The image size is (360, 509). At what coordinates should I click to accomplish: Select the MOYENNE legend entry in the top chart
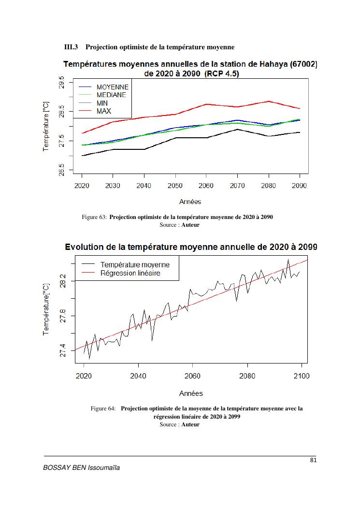click(112, 87)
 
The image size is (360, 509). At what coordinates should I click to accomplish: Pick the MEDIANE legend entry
click(111, 95)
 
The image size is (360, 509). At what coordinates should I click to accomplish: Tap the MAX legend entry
click(103, 111)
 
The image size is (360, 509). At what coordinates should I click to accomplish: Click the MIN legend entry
click(102, 103)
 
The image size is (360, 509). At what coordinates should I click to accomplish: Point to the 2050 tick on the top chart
click(175, 186)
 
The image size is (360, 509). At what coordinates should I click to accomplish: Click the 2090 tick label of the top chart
click(300, 186)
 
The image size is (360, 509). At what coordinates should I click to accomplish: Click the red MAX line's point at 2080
click(269, 101)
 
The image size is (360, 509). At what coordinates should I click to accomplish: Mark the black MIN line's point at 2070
click(237, 129)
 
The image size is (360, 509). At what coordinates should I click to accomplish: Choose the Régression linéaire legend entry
click(130, 273)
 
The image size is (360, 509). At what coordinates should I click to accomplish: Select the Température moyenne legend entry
click(135, 265)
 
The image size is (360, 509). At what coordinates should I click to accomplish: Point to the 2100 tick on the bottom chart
click(302, 375)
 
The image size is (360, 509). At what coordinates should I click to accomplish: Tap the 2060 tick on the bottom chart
click(192, 375)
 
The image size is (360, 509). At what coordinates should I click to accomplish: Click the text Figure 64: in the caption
click(103, 408)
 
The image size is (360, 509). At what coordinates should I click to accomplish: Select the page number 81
click(313, 460)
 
